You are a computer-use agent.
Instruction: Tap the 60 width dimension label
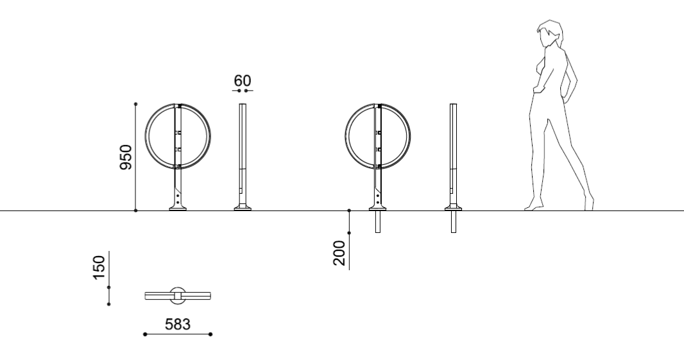(x=243, y=81)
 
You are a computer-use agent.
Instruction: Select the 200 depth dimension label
(x=339, y=252)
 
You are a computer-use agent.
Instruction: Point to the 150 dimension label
(x=98, y=268)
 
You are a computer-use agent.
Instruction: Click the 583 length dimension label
(x=178, y=325)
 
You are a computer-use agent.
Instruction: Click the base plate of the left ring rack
(x=178, y=207)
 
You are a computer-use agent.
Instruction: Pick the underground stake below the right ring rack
(x=377, y=221)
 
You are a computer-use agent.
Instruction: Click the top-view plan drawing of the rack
(x=178, y=295)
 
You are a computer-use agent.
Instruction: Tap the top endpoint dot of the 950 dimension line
(x=136, y=103)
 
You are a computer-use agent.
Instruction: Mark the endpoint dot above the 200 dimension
(x=349, y=210)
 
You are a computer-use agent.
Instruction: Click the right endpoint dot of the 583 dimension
(x=211, y=334)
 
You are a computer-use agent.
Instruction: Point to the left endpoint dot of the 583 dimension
(x=145, y=334)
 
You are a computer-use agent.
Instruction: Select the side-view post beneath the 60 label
(x=243, y=154)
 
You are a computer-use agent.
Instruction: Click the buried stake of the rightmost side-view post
(x=454, y=221)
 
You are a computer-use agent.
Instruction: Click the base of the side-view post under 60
(x=243, y=207)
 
